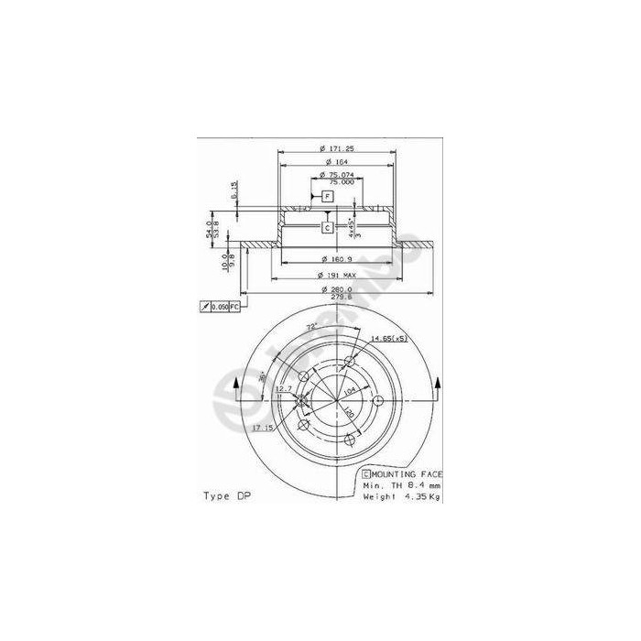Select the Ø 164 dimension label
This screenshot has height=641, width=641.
pos(335,163)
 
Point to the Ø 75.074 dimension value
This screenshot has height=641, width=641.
pos(336,175)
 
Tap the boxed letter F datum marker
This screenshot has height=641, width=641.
pos(328,196)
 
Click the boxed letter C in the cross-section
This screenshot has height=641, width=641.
pos(327,226)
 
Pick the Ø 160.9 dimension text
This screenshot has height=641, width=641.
pos(336,259)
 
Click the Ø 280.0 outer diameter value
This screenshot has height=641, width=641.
pos(336,289)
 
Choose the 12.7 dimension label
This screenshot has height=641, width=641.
pos(283,388)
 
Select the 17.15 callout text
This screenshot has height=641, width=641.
pos(265,428)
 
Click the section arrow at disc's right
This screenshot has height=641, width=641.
pos(439,387)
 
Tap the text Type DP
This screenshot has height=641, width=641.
pos(226,495)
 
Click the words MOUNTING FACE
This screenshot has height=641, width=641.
pos(408,473)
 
